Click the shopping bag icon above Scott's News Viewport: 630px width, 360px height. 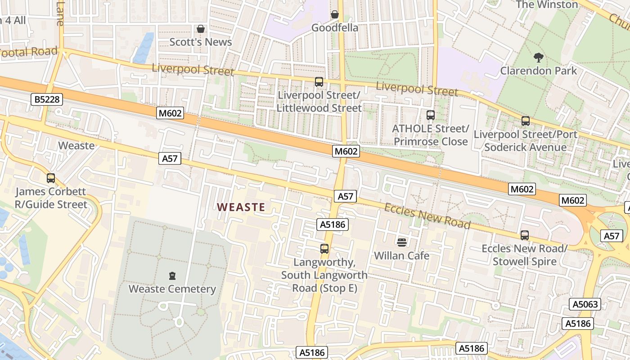click(x=201, y=29)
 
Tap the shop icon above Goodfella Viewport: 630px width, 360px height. click(x=335, y=14)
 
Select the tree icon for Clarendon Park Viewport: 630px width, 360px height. click(x=538, y=57)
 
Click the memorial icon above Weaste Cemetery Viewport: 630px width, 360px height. click(x=172, y=275)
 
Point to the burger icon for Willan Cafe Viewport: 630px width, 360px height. click(x=402, y=242)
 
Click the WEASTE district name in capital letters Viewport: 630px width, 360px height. click(x=241, y=207)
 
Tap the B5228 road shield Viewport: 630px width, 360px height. click(x=47, y=99)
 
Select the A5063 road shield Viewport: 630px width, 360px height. click(x=585, y=304)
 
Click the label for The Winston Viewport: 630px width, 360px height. click(x=547, y=4)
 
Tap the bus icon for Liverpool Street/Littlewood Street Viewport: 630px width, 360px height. click(x=319, y=81)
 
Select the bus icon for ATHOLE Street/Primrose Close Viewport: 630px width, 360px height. click(x=431, y=115)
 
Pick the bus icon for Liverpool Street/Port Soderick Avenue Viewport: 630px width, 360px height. click(x=526, y=121)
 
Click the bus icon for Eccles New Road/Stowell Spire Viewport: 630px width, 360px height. click(x=525, y=235)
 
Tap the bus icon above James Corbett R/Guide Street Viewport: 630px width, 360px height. click(x=51, y=178)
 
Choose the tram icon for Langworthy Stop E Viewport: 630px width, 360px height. click(x=324, y=248)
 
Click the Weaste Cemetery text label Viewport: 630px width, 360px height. click(x=172, y=289)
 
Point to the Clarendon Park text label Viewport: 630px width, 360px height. click(x=539, y=71)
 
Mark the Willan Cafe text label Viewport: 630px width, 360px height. click(x=402, y=256)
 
